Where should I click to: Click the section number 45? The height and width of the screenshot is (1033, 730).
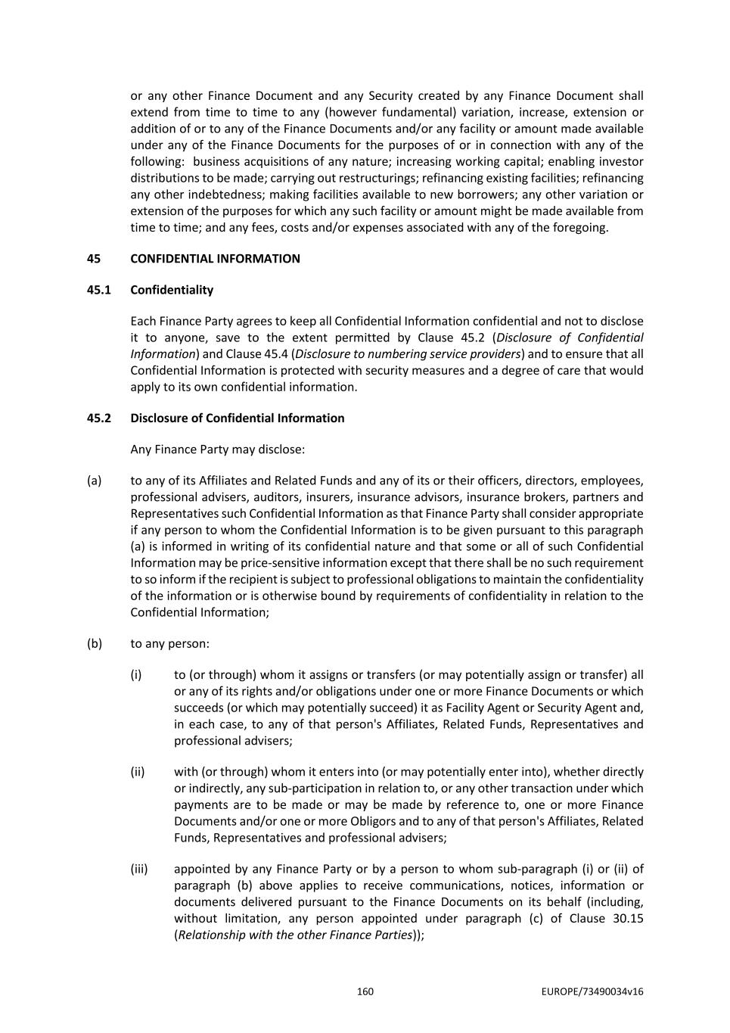[94, 259]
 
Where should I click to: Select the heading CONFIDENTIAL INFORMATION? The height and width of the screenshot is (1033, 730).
[215, 259]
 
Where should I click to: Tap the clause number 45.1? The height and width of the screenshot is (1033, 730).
[98, 290]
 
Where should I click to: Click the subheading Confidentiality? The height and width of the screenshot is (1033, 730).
[172, 290]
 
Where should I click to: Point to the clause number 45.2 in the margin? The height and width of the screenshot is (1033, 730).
[98, 418]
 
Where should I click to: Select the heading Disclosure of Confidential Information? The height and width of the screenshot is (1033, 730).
[237, 418]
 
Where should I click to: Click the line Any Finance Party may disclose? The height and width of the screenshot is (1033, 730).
[217, 450]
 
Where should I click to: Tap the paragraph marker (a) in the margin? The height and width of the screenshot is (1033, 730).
[94, 481]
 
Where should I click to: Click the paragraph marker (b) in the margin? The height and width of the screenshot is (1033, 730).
[94, 643]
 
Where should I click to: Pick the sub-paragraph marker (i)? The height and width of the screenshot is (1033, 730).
[136, 675]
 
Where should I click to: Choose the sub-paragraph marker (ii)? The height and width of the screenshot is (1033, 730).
[138, 772]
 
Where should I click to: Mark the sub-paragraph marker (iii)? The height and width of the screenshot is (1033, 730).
[139, 870]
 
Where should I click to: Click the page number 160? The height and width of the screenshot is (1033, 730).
[365, 991]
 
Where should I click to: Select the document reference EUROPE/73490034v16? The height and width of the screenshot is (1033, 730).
[592, 991]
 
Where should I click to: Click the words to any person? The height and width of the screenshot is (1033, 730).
[169, 643]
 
